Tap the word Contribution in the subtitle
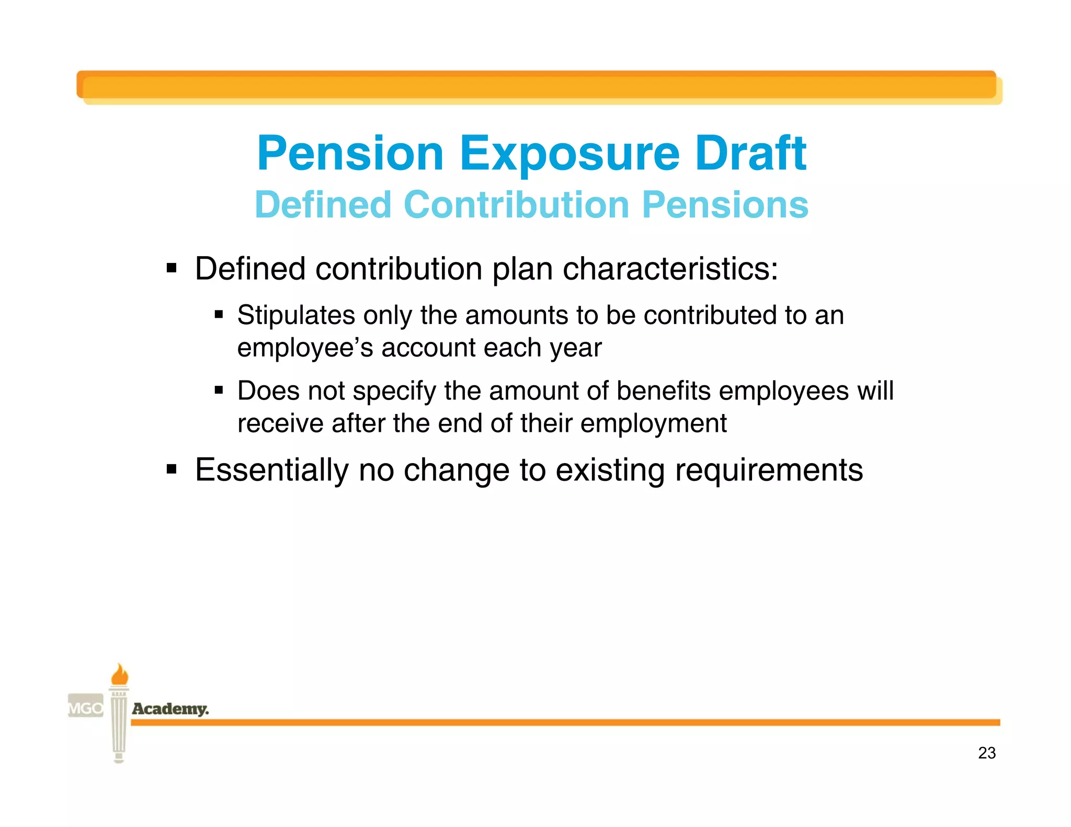516,204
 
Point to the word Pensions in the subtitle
725,204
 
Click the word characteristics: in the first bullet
670,269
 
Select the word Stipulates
296,315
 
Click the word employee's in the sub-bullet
305,348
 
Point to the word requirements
768,469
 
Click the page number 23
986,753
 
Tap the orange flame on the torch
120,674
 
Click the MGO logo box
86,708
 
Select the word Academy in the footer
170,709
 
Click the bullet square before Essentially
172,469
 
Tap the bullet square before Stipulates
219,315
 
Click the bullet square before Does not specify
219,390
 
